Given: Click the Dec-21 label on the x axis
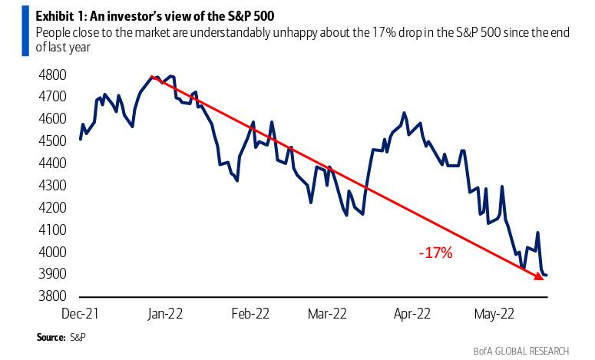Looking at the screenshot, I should (x=81, y=313).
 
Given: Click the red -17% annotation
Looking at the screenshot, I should (x=434, y=252).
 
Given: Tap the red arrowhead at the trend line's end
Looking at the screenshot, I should (x=539, y=275).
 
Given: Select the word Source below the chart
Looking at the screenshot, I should (x=50, y=337).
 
